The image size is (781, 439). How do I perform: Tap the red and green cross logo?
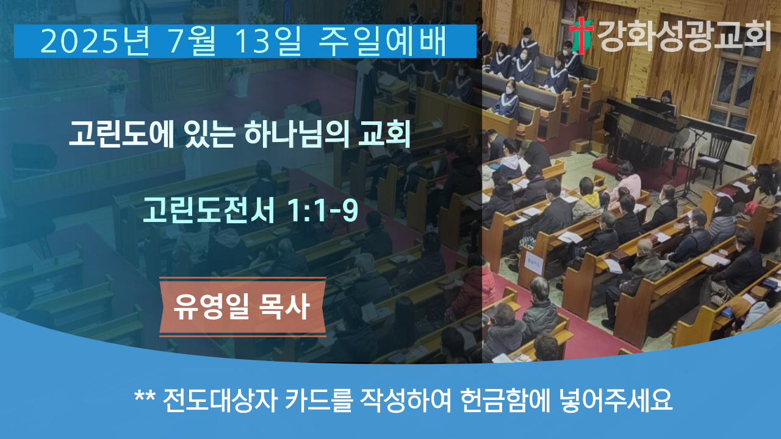[x=581, y=35]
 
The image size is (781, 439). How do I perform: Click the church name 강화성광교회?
[x=683, y=35]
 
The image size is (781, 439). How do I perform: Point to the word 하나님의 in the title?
[x=297, y=134]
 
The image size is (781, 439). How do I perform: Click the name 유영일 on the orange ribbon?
[x=211, y=307]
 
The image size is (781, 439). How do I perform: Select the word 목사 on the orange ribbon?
[x=284, y=307]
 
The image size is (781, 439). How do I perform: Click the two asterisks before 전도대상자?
[x=145, y=396]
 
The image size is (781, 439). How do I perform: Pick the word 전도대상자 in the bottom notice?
[x=220, y=401]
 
